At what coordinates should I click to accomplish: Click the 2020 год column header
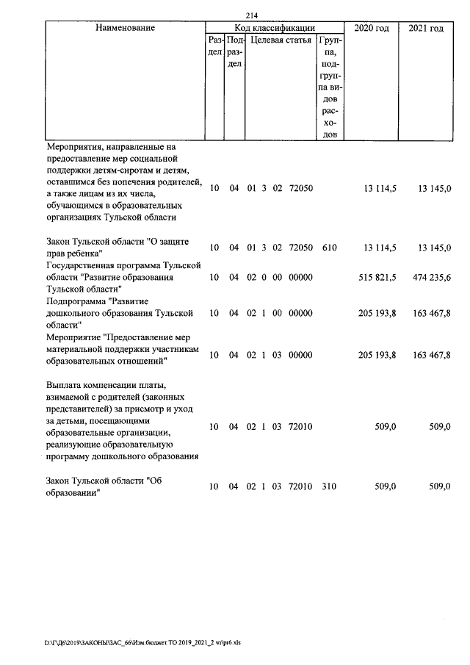[372, 28]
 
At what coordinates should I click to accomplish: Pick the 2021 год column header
[426, 28]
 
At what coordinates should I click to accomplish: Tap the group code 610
[329, 248]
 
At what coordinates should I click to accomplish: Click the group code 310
[329, 486]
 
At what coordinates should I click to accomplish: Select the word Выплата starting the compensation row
[63, 384]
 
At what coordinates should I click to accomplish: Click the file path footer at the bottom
[142, 641]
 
